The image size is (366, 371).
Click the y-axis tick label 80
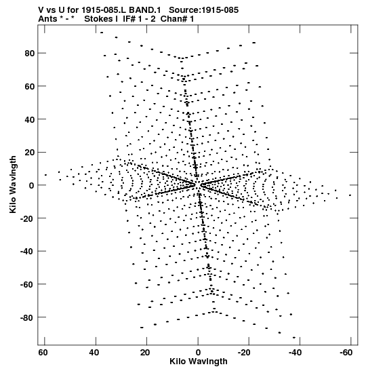click(30, 53)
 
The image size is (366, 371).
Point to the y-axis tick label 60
click(30, 86)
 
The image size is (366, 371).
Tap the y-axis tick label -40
click(27, 251)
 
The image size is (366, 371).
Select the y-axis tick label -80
click(27, 317)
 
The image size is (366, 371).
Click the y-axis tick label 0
click(32, 185)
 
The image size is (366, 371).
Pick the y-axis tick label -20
click(27, 218)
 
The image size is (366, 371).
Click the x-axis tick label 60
click(43, 353)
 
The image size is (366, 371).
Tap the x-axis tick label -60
click(346, 353)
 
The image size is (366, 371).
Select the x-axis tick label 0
click(198, 353)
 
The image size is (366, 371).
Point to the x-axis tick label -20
click(244, 353)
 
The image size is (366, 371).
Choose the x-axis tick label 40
click(94, 353)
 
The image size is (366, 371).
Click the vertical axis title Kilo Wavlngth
click(13, 184)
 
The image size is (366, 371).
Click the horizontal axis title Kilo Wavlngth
click(199, 362)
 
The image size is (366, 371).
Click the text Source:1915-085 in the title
click(204, 10)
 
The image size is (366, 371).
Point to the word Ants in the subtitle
click(47, 19)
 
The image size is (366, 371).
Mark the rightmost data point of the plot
click(350, 195)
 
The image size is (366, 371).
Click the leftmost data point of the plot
click(45, 175)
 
